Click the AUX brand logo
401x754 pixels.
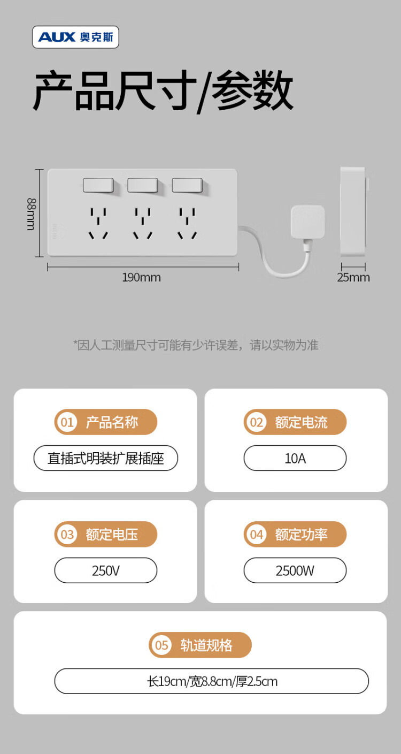point(75,37)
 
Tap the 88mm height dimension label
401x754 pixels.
point(31,214)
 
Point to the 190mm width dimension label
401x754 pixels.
point(141,277)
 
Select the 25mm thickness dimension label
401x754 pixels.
point(353,277)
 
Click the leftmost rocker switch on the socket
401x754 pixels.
point(98,185)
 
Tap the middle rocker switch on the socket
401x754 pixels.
point(143,185)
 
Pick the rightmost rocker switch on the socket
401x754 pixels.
point(187,185)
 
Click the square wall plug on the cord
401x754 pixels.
point(307,222)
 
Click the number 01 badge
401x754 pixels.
point(67,422)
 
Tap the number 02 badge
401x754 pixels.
point(257,422)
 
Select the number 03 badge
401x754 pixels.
point(67,534)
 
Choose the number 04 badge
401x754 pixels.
point(257,534)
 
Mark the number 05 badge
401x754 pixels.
point(161,645)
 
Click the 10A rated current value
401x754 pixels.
point(295,459)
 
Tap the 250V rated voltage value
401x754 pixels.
point(106,570)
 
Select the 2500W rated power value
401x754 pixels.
point(295,570)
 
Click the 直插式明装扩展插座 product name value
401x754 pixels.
point(106,459)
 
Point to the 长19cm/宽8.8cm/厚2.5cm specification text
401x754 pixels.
point(212,681)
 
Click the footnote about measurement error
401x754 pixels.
point(196,345)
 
